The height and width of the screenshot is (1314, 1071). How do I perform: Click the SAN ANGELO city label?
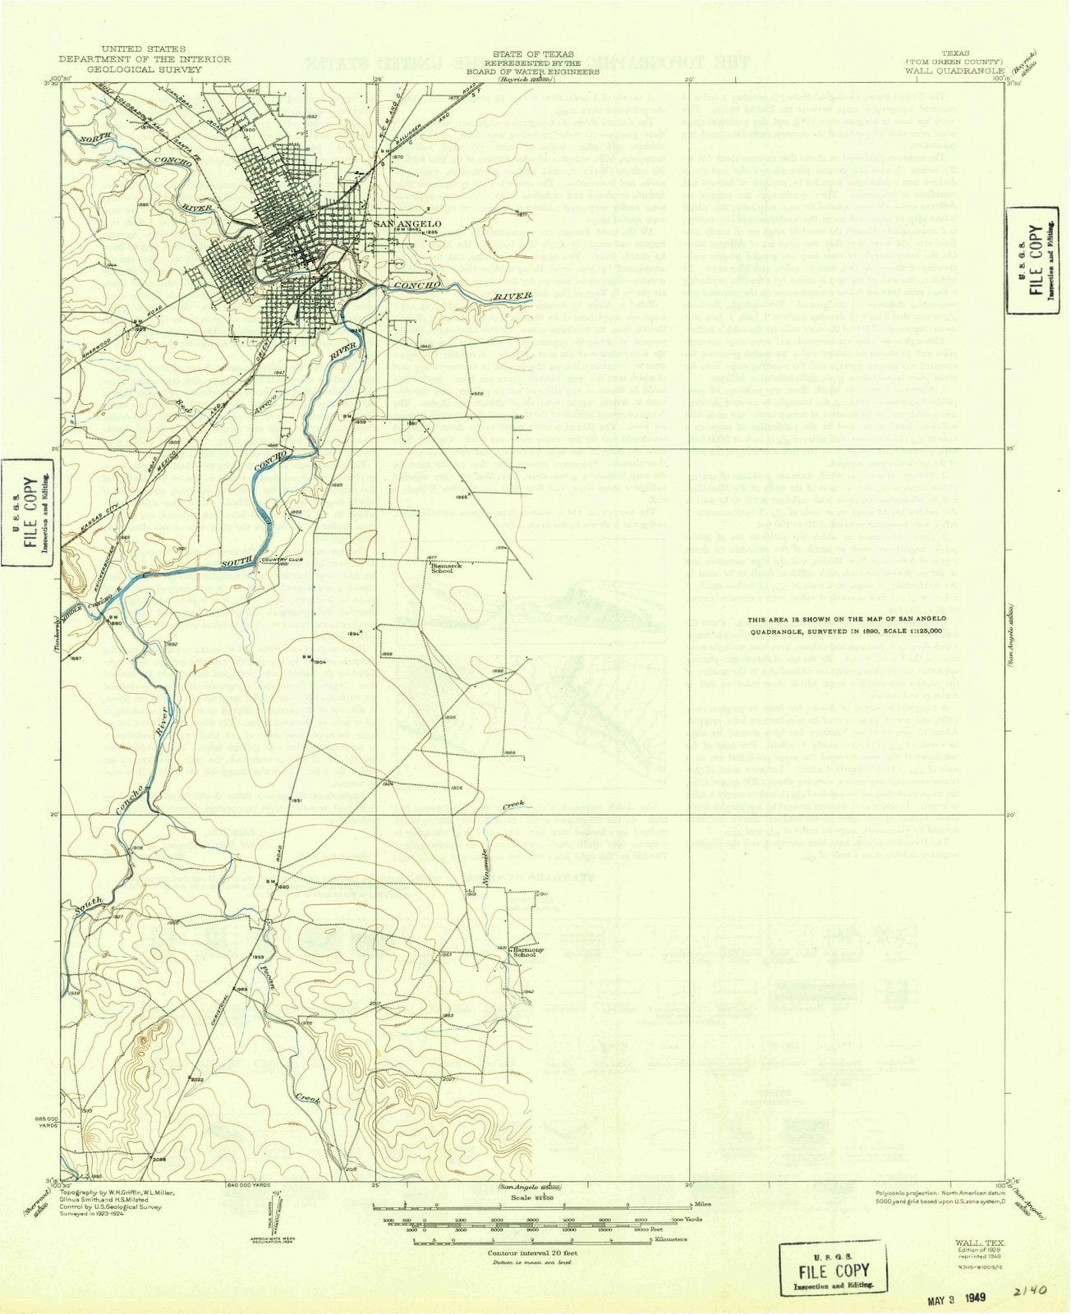(x=407, y=224)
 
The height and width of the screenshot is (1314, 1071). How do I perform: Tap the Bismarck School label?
(x=442, y=567)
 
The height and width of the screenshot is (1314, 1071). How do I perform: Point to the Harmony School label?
(x=525, y=953)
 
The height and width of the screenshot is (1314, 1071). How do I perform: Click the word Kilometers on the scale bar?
(x=669, y=1239)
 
